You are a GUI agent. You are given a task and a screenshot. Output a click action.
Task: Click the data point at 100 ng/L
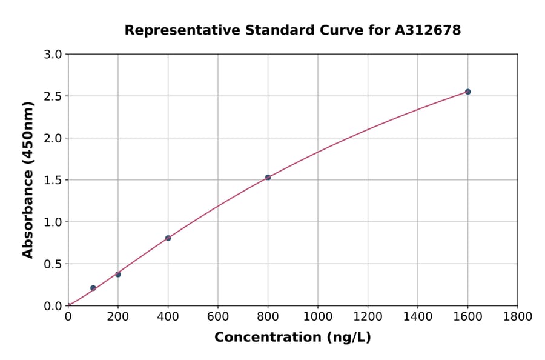93,288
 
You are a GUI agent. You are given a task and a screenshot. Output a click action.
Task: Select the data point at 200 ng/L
118,275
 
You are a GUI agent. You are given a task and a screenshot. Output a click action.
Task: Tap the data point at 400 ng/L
168,238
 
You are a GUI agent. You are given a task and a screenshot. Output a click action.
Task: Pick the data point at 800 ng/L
268,177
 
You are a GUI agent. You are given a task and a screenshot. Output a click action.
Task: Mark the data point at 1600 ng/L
467,92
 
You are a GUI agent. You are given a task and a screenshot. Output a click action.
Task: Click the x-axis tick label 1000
318,316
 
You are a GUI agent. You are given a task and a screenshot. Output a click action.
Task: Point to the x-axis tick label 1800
517,316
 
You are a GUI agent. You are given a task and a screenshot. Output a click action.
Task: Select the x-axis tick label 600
218,316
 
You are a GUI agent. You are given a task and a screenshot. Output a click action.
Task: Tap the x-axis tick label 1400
417,316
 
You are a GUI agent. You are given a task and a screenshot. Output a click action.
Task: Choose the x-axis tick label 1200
368,316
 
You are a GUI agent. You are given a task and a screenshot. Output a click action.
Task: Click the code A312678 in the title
428,30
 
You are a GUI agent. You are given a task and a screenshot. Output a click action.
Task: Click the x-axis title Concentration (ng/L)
292,337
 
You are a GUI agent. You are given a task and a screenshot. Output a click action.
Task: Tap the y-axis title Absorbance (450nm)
28,179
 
